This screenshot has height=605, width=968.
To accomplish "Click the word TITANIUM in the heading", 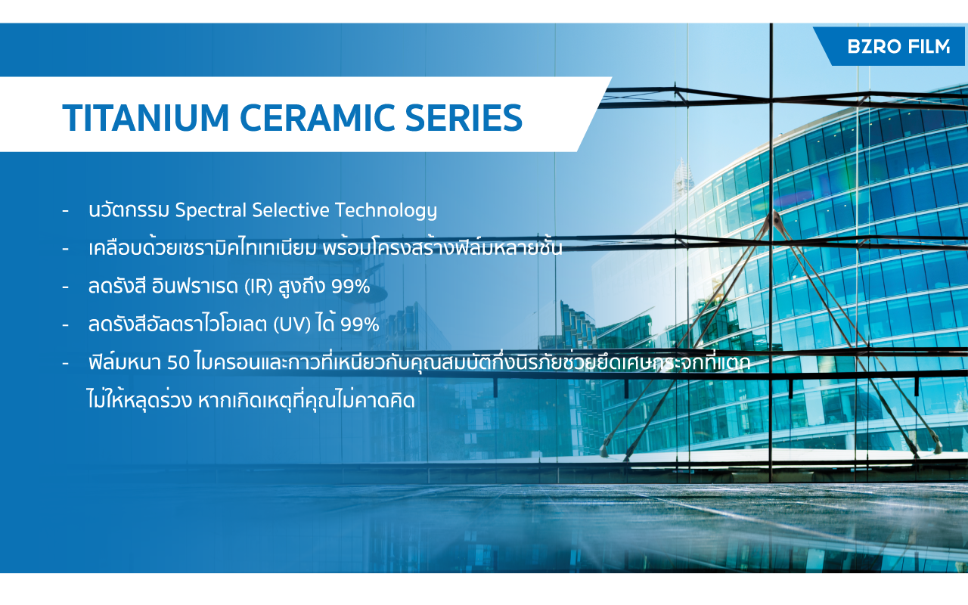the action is [146, 117].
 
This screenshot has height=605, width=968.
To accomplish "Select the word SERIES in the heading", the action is [464, 117].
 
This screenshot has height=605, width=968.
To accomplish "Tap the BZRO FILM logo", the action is [898, 46].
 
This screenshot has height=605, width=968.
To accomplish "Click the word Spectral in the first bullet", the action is [210, 210].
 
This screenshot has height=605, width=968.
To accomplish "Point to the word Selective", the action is [290, 210].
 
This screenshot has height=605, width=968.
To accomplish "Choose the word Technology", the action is [386, 211].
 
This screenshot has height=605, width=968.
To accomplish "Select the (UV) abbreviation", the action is [292, 324].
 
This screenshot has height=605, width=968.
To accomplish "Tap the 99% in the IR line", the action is [351, 287].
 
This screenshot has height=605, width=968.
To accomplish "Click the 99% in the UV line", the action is [360, 324].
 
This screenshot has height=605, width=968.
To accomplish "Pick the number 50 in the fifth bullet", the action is [178, 363].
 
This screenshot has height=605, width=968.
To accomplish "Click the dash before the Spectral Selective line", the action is [65, 211].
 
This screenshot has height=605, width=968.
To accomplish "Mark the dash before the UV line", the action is [65, 325].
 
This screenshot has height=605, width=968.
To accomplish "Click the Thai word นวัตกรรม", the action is [129, 209].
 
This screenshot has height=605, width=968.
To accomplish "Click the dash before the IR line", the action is [65, 287].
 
